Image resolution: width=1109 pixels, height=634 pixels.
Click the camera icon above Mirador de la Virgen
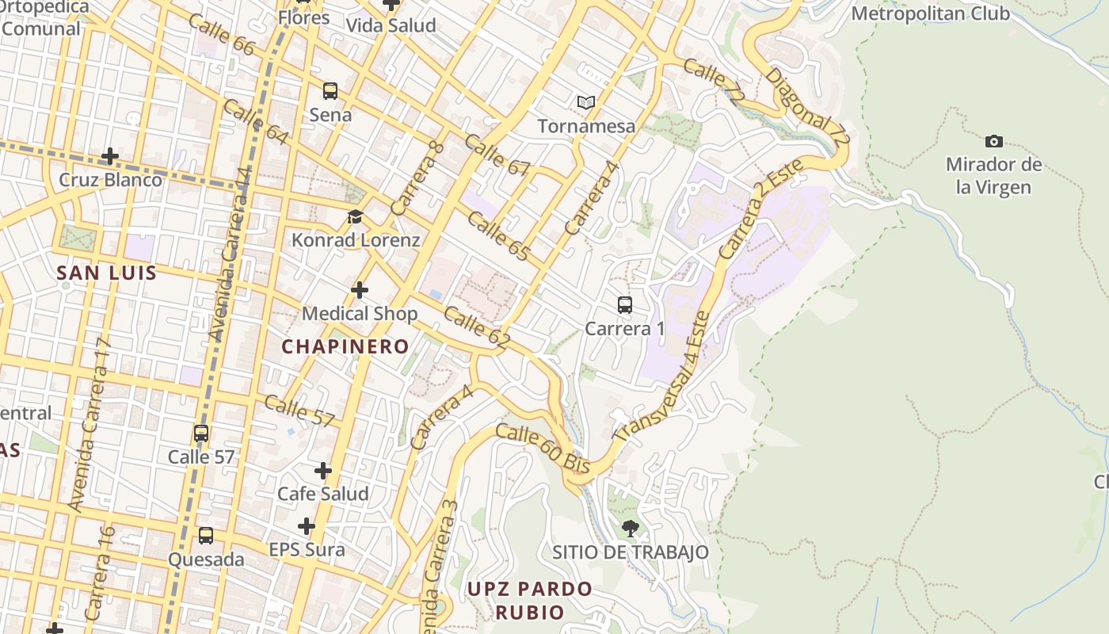(x=993, y=142)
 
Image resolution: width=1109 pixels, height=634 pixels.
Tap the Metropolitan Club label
(x=930, y=13)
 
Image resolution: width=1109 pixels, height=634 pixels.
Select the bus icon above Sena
(x=330, y=91)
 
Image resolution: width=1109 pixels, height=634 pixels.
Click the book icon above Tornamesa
(x=586, y=102)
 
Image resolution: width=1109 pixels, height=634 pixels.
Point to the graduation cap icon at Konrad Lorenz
(x=356, y=216)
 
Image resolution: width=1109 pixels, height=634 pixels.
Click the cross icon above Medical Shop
(x=360, y=290)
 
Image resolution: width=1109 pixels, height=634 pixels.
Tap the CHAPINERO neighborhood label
(x=345, y=346)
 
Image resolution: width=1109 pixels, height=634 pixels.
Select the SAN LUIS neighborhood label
(x=106, y=273)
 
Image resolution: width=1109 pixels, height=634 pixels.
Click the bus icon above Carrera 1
(x=625, y=305)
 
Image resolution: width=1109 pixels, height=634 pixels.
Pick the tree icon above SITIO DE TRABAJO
(x=630, y=528)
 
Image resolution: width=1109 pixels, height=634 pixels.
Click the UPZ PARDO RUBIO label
(x=529, y=600)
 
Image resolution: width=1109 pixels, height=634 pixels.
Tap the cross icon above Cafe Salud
(x=323, y=471)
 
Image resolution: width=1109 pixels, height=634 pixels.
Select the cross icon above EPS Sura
(x=307, y=526)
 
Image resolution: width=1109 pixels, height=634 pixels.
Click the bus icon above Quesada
(x=206, y=536)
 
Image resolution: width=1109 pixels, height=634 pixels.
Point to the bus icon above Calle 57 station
(x=201, y=433)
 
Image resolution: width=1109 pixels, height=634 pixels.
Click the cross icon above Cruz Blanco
(x=110, y=156)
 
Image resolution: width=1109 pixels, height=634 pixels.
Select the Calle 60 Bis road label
(x=543, y=449)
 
